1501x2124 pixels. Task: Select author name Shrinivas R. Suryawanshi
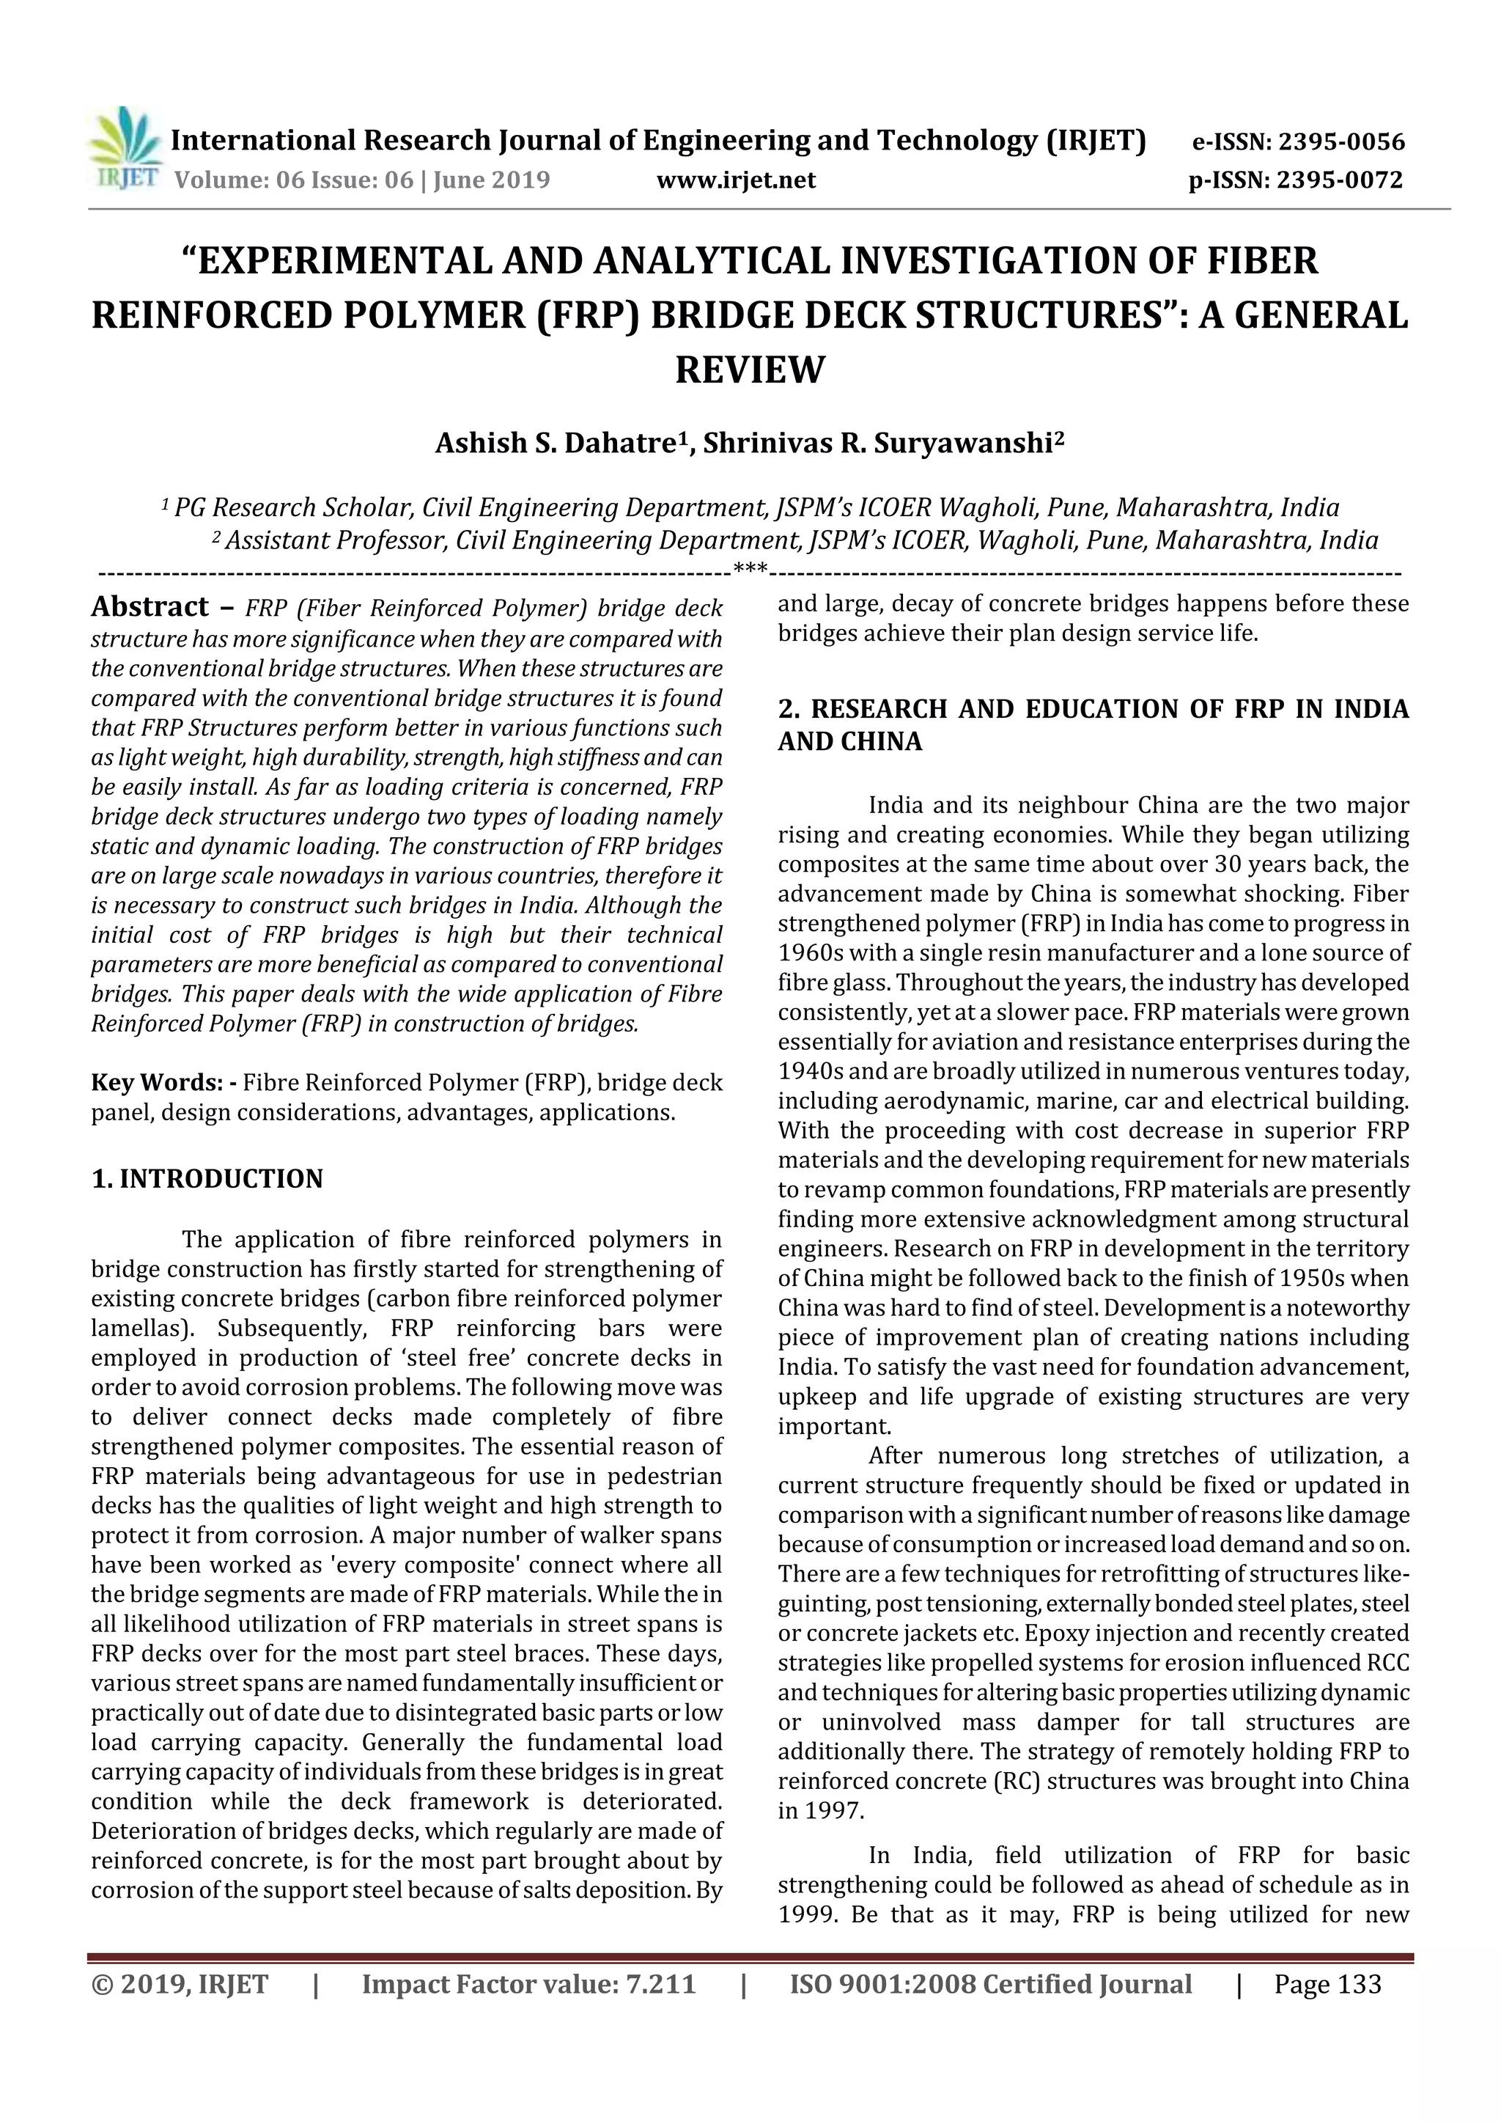tap(878, 444)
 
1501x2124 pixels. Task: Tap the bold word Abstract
tap(150, 607)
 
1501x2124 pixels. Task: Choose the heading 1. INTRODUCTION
tap(207, 1178)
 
